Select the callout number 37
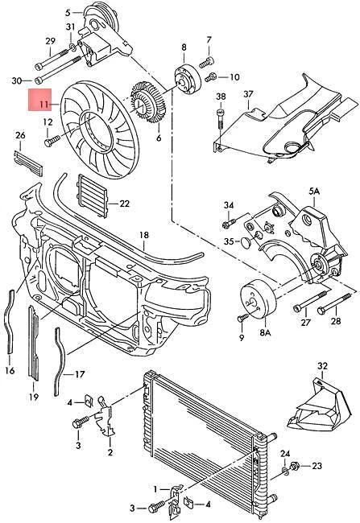click(248, 93)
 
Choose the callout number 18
click(143, 236)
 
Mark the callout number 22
click(124, 204)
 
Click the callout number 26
click(21, 134)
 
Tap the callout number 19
click(34, 396)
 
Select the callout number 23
click(317, 466)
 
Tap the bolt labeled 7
click(206, 60)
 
